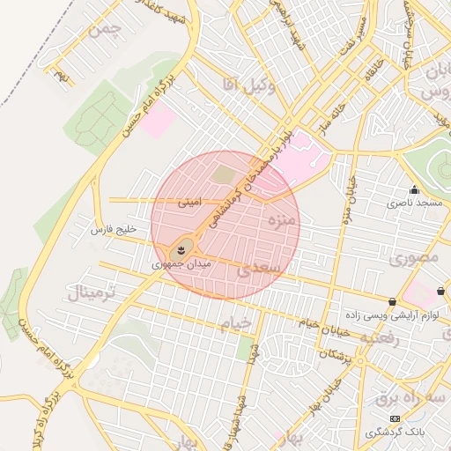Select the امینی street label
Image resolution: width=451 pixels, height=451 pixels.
coord(189,202)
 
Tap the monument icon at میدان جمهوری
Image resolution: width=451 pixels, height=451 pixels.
coord(181,250)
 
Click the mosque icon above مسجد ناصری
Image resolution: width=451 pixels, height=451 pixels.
coord(414,189)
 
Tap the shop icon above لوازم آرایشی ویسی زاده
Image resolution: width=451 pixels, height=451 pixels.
coord(392,300)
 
